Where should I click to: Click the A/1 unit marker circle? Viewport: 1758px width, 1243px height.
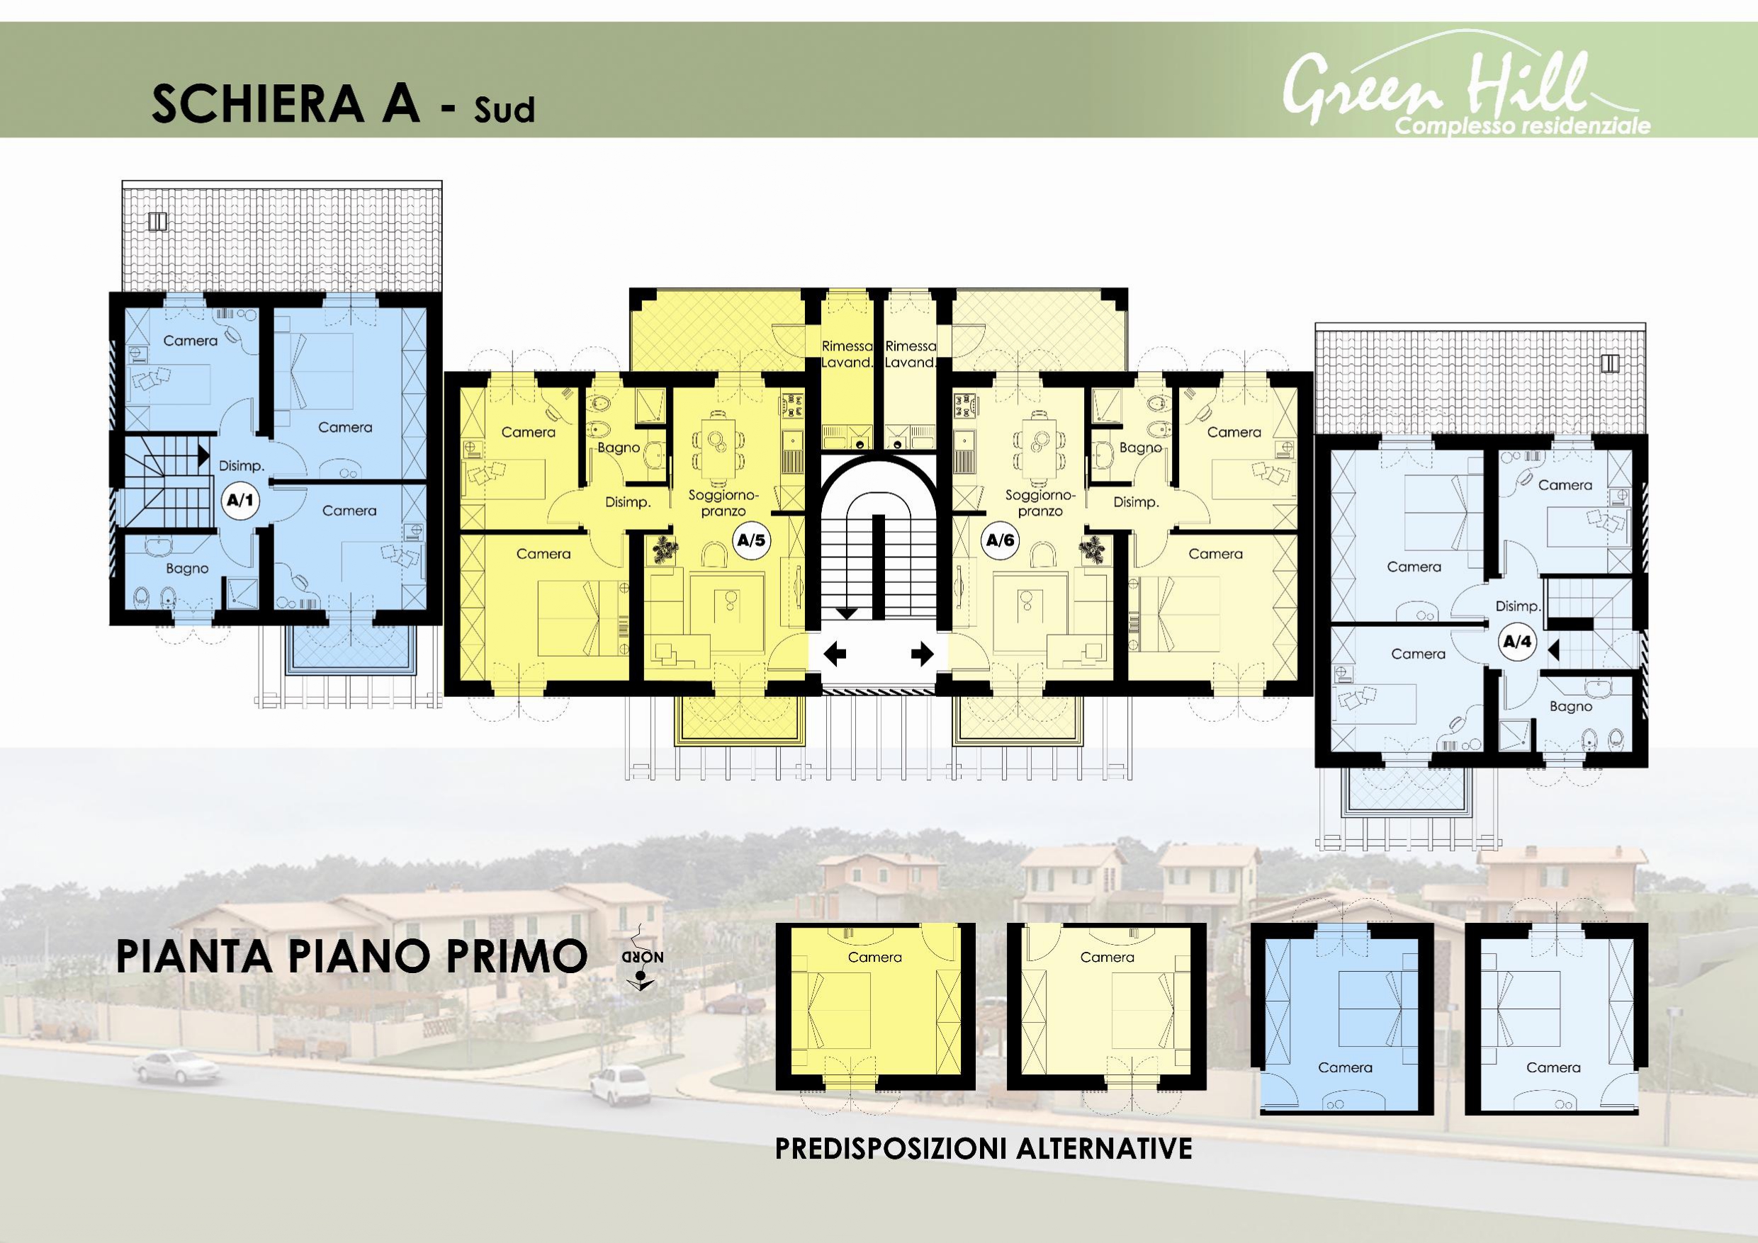240,501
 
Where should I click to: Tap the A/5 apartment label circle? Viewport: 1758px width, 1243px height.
750,540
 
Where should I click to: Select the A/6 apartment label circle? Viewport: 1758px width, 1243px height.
1000,540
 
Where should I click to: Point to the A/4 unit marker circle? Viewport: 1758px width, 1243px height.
1517,642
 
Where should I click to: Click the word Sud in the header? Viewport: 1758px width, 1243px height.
504,110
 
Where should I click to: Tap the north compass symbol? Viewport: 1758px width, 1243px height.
642,961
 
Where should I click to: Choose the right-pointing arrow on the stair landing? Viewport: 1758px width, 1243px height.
922,654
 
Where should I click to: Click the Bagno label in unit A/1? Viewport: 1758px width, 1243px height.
187,569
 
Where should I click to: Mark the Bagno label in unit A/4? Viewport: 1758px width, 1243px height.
1570,706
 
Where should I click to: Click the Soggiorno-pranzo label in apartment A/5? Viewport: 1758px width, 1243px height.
723,503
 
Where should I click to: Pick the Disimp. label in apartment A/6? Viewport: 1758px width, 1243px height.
1137,502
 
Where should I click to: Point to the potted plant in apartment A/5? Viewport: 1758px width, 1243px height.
665,551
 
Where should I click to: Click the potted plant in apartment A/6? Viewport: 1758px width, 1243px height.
1093,551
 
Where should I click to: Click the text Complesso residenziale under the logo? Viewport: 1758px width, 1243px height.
1523,125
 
